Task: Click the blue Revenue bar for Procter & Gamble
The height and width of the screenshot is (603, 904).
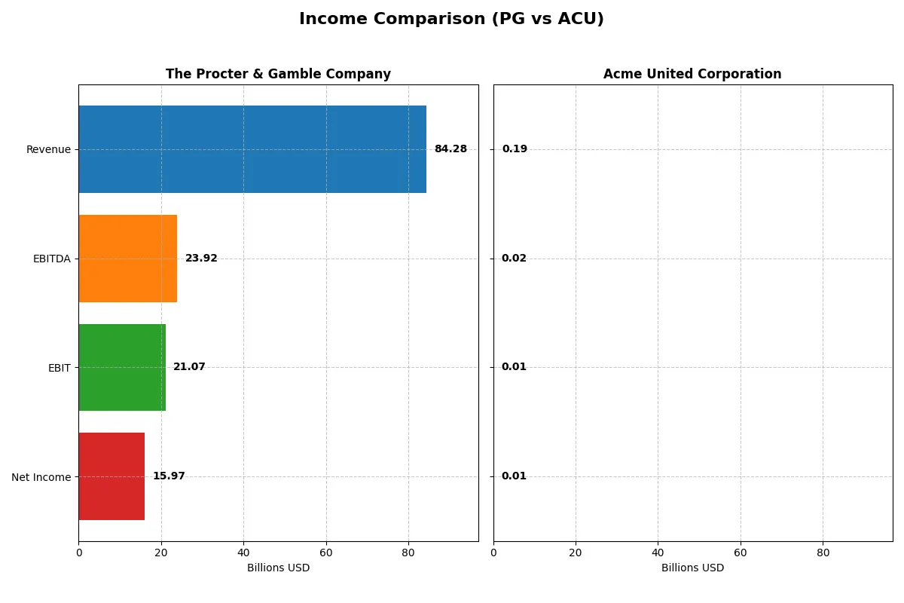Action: tap(252, 149)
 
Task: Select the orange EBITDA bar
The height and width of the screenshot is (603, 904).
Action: tap(128, 259)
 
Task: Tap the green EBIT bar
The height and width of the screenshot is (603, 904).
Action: tap(122, 367)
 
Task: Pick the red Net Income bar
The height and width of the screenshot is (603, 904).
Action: tap(111, 476)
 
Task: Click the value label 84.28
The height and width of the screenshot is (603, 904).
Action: tap(450, 149)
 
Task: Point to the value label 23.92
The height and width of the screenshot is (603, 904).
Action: tap(201, 259)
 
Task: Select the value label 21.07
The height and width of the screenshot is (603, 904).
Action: tap(189, 367)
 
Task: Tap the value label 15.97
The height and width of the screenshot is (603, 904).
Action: tap(169, 476)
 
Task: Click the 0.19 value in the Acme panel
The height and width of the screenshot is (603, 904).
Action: tap(515, 149)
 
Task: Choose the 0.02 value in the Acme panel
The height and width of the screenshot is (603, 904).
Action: tap(515, 259)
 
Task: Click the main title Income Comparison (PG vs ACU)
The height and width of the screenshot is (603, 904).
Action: tap(451, 19)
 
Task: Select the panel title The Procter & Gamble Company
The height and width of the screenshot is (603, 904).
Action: tap(278, 74)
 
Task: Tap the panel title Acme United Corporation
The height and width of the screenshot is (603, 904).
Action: tap(692, 74)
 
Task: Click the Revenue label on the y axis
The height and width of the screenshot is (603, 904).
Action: tap(48, 149)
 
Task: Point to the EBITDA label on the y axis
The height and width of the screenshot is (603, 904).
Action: tap(51, 259)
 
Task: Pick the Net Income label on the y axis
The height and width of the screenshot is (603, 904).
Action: tap(41, 477)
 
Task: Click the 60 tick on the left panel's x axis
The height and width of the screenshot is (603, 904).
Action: tap(325, 552)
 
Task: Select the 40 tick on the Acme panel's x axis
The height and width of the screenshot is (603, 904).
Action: tap(658, 552)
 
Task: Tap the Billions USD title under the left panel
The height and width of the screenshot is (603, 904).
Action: tap(278, 568)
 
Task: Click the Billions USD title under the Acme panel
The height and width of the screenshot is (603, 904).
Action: tap(692, 568)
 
